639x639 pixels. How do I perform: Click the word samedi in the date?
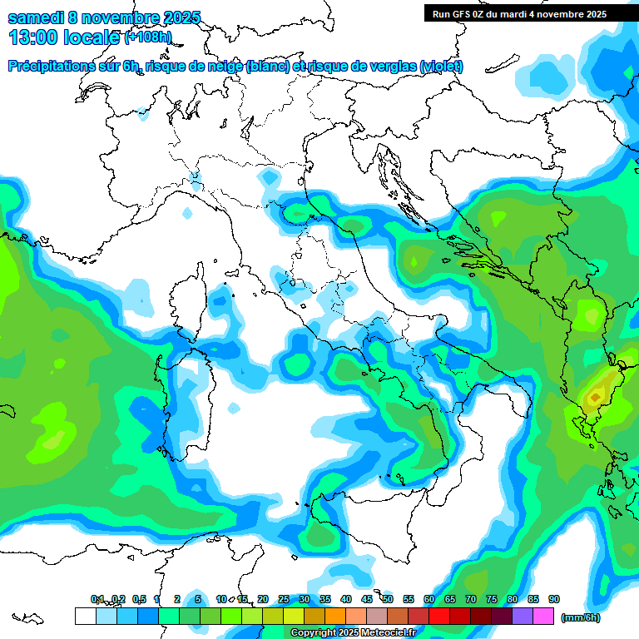(x=34, y=17)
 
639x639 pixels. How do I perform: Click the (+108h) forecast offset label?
(x=148, y=37)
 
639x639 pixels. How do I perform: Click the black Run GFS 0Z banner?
(x=531, y=13)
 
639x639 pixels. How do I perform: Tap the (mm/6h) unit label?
(x=580, y=617)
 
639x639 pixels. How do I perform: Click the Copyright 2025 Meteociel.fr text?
(x=353, y=633)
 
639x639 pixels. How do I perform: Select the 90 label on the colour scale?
(x=554, y=600)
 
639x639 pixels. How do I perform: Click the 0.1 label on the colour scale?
(x=97, y=600)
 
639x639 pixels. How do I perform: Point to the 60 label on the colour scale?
(x=429, y=600)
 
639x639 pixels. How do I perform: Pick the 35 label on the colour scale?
(x=325, y=600)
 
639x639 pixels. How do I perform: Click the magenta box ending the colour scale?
(x=543, y=616)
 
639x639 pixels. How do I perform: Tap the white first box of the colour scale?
(x=85, y=616)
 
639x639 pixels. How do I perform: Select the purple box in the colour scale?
(x=523, y=616)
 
